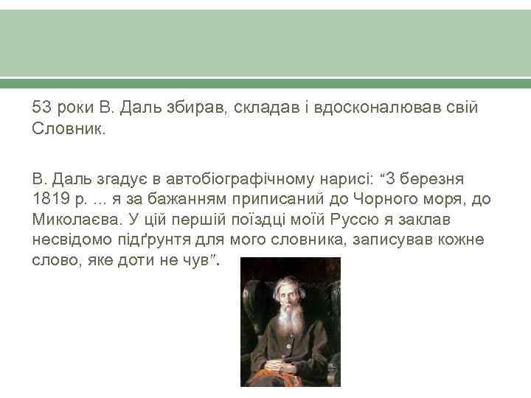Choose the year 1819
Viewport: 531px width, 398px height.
pos(49,200)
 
